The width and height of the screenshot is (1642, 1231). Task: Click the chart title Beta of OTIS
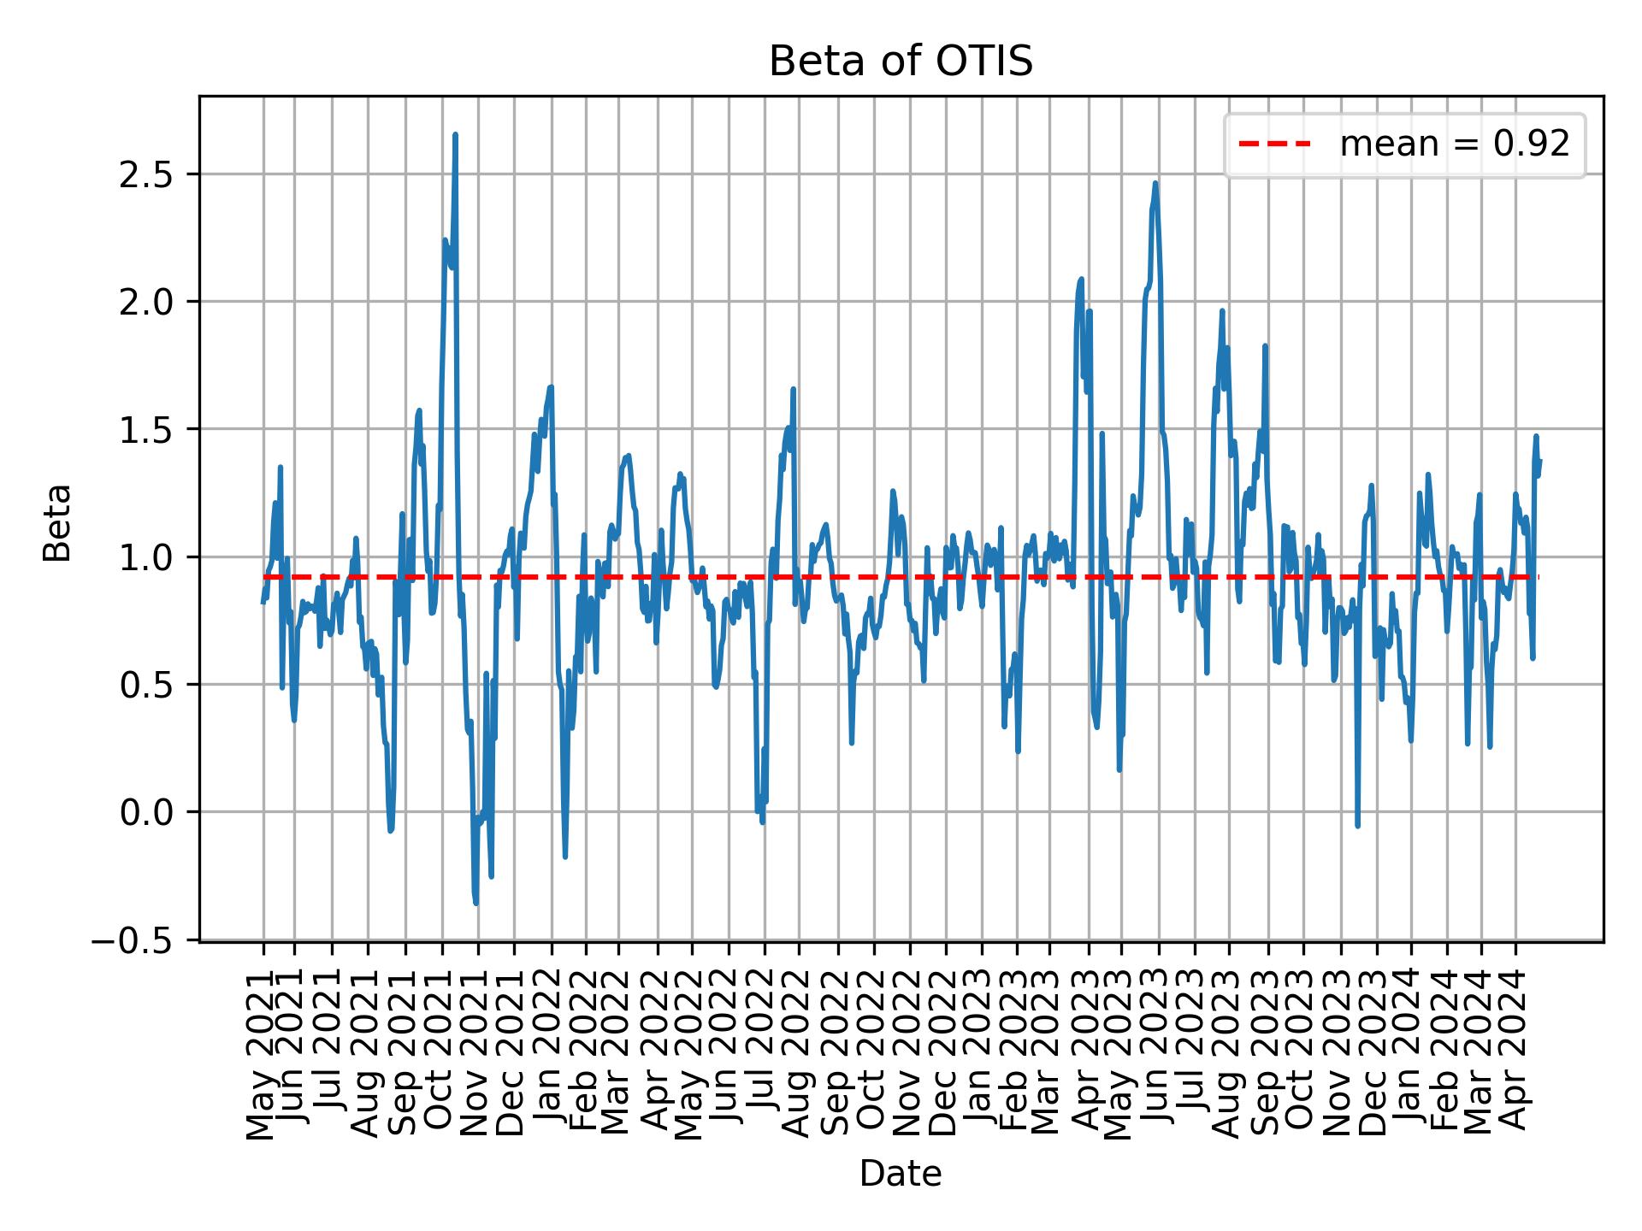[x=901, y=62]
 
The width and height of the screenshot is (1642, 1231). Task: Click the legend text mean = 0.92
[x=1454, y=144]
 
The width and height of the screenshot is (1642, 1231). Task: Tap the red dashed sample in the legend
[x=1274, y=144]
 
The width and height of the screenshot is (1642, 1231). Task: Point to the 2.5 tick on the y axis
[x=147, y=174]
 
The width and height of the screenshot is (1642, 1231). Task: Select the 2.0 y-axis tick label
[x=147, y=302]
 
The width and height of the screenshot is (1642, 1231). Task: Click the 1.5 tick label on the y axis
[x=147, y=429]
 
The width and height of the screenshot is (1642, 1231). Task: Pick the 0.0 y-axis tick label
[x=147, y=812]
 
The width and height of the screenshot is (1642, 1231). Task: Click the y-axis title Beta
[x=57, y=522]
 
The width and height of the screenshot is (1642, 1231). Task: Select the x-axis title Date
[x=901, y=1174]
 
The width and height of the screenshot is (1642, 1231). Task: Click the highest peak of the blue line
[x=456, y=135]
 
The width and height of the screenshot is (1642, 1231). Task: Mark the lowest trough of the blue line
[x=475, y=904]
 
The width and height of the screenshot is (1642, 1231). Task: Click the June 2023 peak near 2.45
[x=1155, y=183]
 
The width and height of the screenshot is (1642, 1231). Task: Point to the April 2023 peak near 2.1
[x=1081, y=280]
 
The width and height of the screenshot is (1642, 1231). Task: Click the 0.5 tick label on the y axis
[x=147, y=685]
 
